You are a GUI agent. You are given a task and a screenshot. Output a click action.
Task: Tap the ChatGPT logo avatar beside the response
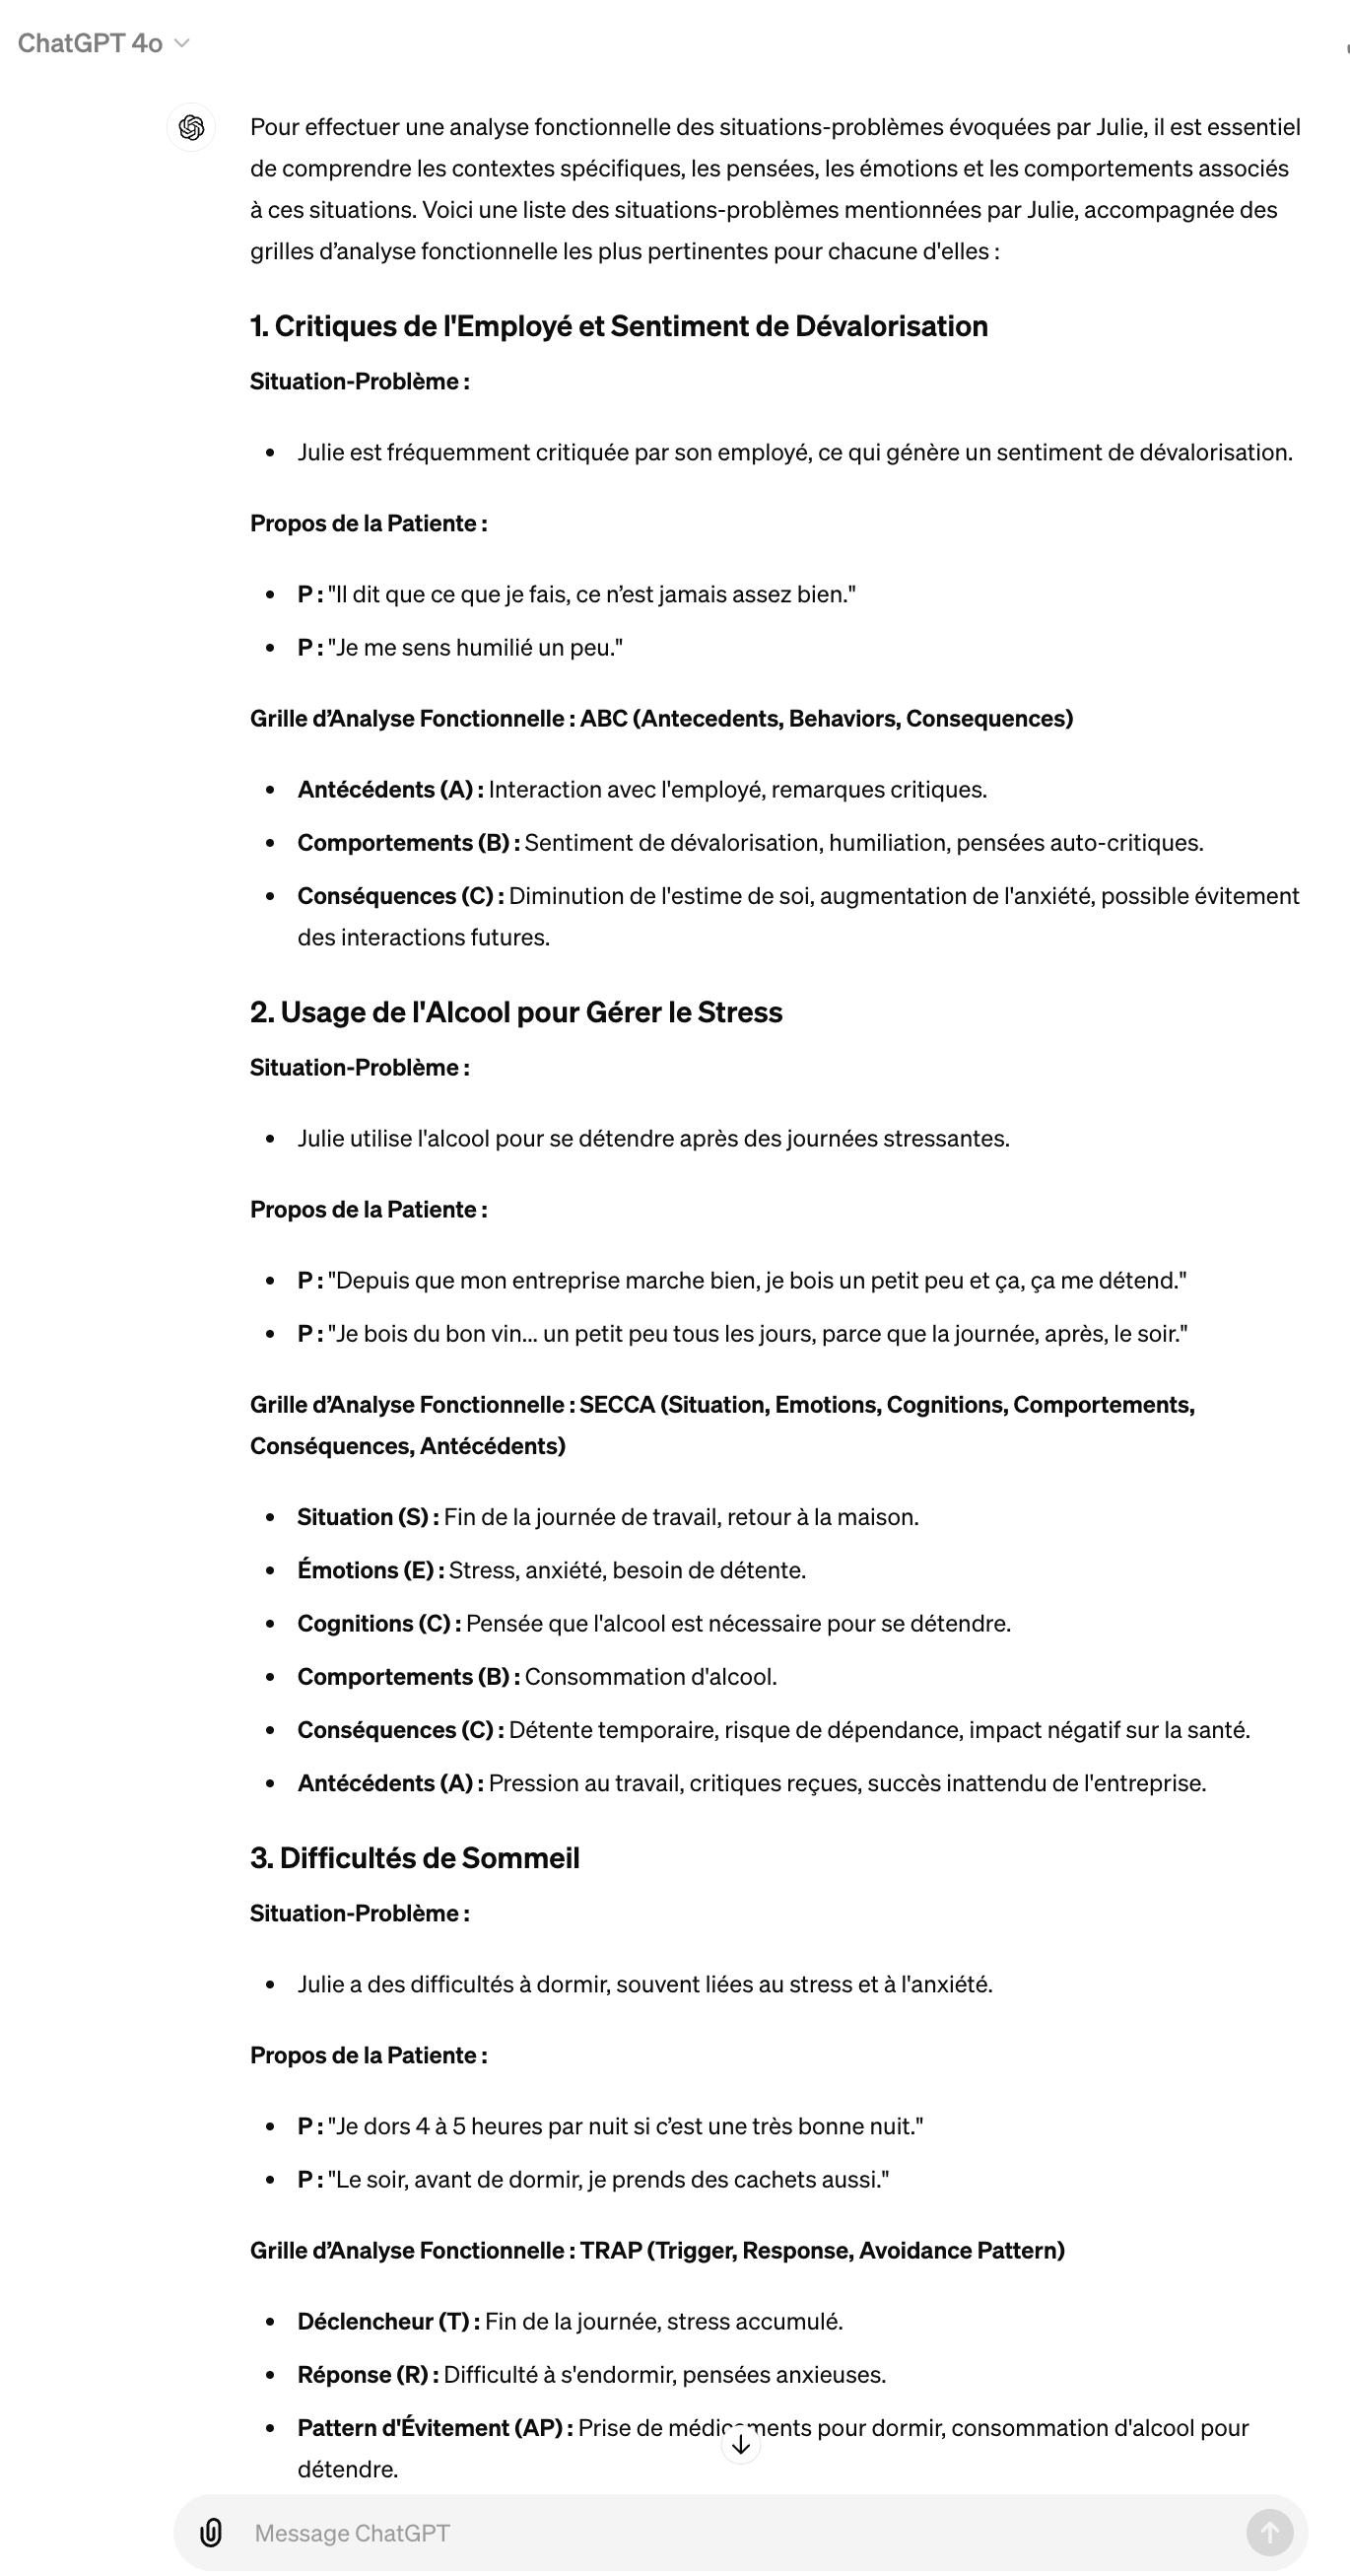point(191,128)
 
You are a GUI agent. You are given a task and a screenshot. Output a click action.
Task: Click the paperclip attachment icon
point(211,2532)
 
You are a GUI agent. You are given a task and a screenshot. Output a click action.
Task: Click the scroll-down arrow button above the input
point(740,2445)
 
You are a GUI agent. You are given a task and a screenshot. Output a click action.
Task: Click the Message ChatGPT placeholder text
point(352,2532)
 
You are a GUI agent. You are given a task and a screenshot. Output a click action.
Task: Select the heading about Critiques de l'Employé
point(619,326)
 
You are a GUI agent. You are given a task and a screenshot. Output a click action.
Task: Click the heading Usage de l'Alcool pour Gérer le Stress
point(515,1011)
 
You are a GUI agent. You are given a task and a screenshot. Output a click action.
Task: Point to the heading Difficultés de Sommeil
point(415,1857)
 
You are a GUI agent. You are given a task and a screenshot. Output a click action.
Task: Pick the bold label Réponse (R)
point(367,2374)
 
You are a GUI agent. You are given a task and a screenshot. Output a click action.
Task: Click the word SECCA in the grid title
point(617,1405)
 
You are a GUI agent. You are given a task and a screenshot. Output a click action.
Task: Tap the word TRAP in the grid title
point(611,2250)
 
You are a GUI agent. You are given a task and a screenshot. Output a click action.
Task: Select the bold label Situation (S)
point(367,1517)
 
